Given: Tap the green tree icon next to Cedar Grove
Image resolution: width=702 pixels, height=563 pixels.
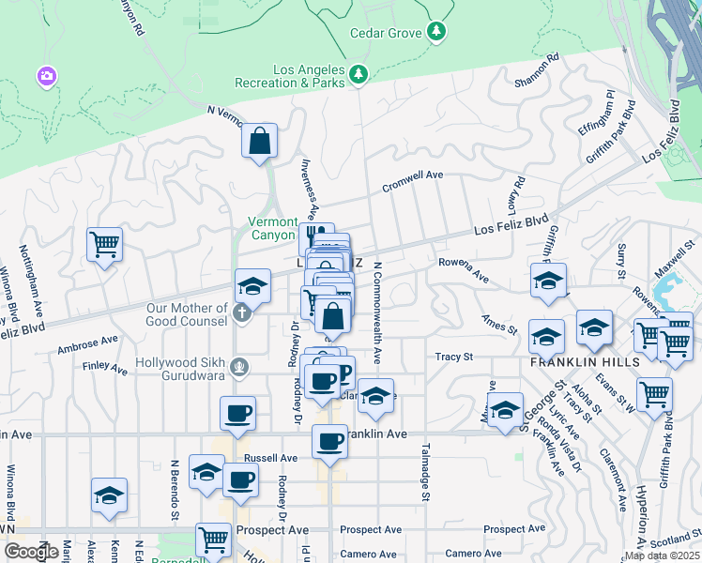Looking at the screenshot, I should [435, 32].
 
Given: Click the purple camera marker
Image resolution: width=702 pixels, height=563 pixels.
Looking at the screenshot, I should [45, 75].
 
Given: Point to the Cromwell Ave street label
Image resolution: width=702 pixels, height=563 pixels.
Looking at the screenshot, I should [412, 181].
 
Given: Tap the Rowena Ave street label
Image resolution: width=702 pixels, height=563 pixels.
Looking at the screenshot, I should [464, 271].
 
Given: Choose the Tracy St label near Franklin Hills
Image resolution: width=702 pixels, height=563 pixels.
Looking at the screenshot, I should [453, 357].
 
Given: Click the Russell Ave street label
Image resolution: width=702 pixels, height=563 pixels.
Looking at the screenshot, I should [270, 458].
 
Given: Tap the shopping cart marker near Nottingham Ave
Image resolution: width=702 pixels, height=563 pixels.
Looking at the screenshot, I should [104, 245].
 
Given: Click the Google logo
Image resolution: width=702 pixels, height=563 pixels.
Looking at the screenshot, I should [31, 552].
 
